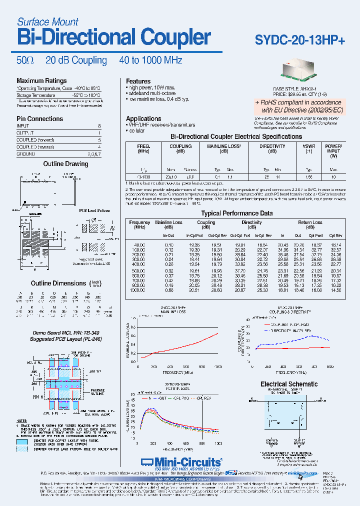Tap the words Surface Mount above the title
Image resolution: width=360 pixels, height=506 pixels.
point(47,22)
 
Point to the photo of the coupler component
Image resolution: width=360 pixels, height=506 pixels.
point(301,69)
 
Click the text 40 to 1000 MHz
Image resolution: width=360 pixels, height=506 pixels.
point(150,60)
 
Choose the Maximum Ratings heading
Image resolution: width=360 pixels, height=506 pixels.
point(41,81)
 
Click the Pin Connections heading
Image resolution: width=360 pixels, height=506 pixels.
point(39,119)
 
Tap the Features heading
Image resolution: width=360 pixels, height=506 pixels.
point(138,81)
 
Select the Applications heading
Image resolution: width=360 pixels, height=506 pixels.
point(143,119)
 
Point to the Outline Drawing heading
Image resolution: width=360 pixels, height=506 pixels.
point(65,164)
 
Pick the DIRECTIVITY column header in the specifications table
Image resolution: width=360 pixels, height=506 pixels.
point(272,146)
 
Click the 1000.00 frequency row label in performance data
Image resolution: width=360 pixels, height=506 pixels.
point(139,290)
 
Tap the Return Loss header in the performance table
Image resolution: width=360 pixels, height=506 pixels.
point(310,222)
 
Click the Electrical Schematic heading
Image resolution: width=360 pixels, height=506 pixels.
point(289,384)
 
